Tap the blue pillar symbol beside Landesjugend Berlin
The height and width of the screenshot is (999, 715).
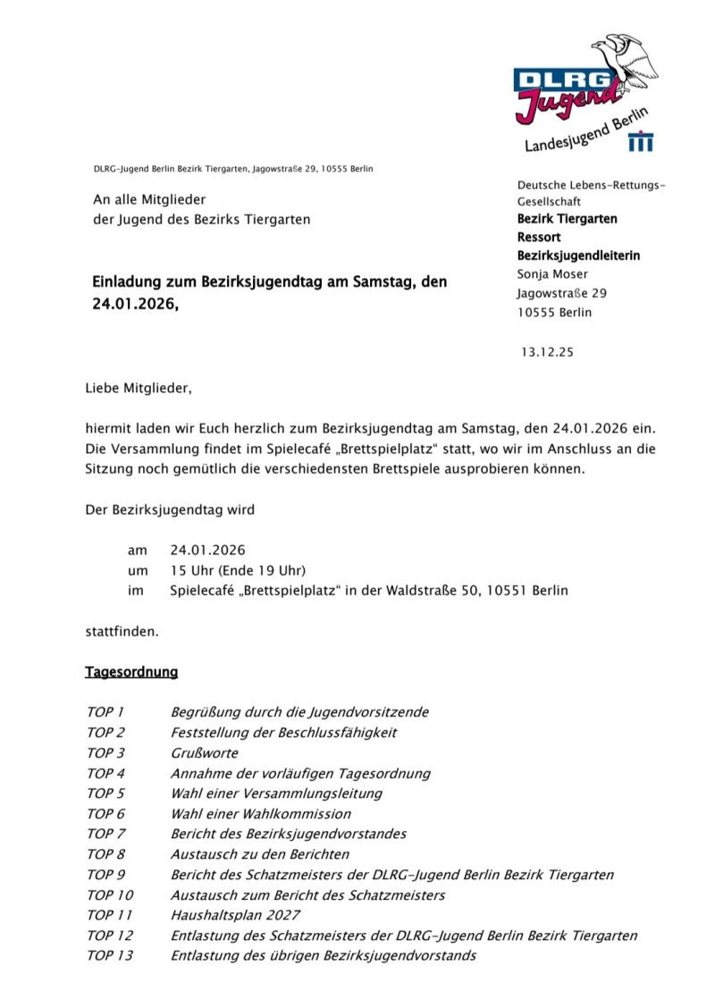pyautogui.click(x=641, y=141)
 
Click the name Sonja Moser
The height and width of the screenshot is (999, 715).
pyautogui.click(x=552, y=274)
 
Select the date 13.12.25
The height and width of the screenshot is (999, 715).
pyautogui.click(x=549, y=352)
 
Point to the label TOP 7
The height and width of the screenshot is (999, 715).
pyautogui.click(x=106, y=834)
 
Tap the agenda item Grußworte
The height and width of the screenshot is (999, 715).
pyautogui.click(x=204, y=752)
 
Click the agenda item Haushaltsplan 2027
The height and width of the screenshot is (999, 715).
pyautogui.click(x=235, y=915)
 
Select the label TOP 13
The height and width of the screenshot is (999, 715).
pyautogui.click(x=110, y=955)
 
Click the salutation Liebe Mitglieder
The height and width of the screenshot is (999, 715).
pyautogui.click(x=138, y=389)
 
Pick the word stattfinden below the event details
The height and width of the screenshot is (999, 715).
pyautogui.click(x=122, y=631)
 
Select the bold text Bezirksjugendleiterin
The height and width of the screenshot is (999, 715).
pyautogui.click(x=578, y=256)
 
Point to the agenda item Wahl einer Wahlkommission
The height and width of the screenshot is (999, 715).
pyautogui.click(x=260, y=813)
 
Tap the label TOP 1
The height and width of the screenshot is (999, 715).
pyautogui.click(x=105, y=712)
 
